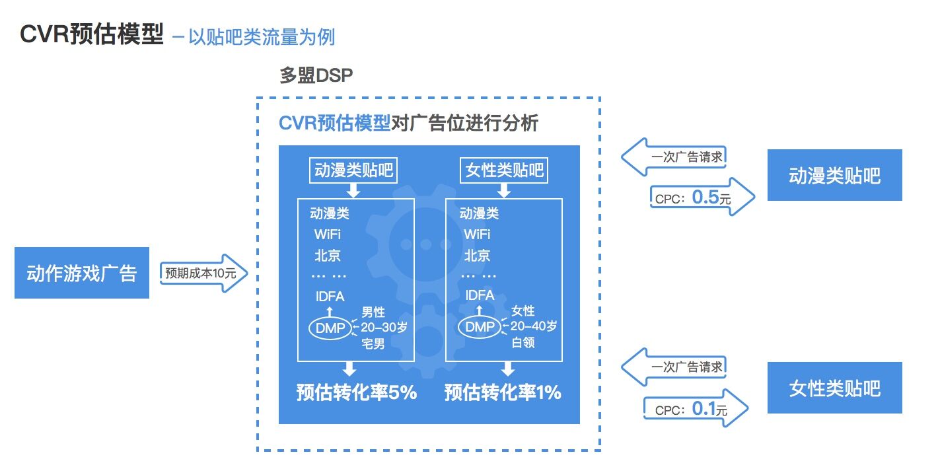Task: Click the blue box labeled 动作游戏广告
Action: (82, 273)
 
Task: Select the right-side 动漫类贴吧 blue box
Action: (834, 175)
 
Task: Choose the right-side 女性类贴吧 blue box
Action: (834, 388)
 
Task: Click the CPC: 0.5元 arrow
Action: (700, 197)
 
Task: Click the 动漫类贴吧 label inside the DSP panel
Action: (353, 171)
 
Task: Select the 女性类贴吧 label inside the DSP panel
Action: (503, 171)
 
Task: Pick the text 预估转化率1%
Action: (503, 393)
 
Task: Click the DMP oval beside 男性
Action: (330, 327)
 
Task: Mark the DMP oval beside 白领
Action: (480, 326)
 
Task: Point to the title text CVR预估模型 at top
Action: (92, 34)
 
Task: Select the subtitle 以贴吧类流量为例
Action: (262, 36)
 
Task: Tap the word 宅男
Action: (373, 343)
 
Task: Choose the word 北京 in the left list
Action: (328, 256)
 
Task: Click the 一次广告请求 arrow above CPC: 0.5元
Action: (677, 157)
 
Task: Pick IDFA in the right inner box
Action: (480, 295)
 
